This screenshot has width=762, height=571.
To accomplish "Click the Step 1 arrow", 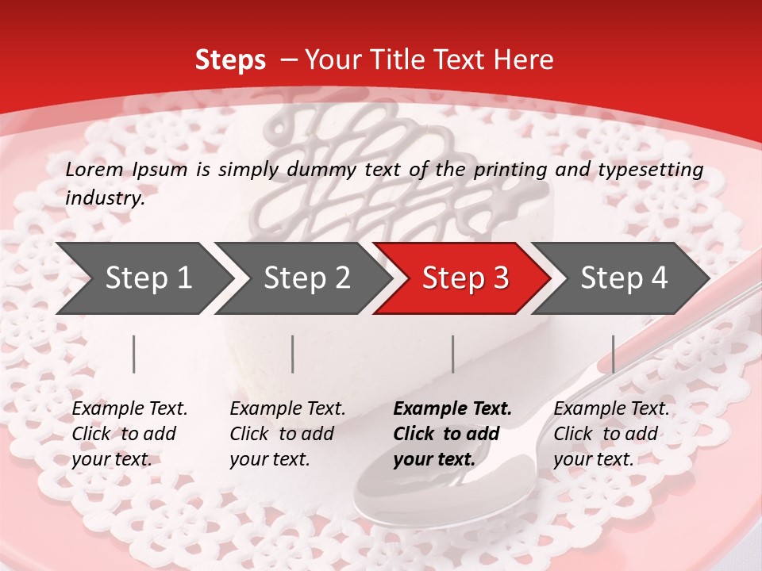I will pyautogui.click(x=143, y=278).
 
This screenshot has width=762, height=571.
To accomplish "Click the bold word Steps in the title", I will pyautogui.click(x=230, y=60).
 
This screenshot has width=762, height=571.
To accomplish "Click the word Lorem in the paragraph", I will pyautogui.click(x=94, y=170).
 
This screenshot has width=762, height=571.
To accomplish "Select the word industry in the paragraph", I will pyautogui.click(x=104, y=198).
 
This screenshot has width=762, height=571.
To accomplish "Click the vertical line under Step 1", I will pyautogui.click(x=134, y=354).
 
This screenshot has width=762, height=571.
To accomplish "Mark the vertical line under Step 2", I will pyautogui.click(x=293, y=354).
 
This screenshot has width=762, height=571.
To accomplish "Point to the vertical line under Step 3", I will pyautogui.click(x=453, y=354).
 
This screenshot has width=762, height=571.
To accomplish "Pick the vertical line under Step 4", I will pyautogui.click(x=613, y=354).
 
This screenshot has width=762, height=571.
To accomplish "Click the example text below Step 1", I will pyautogui.click(x=129, y=434).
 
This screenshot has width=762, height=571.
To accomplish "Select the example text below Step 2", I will pyautogui.click(x=287, y=434).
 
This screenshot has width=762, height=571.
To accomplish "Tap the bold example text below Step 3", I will pyautogui.click(x=452, y=434).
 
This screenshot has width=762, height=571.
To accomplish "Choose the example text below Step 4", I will pyautogui.click(x=611, y=434).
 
